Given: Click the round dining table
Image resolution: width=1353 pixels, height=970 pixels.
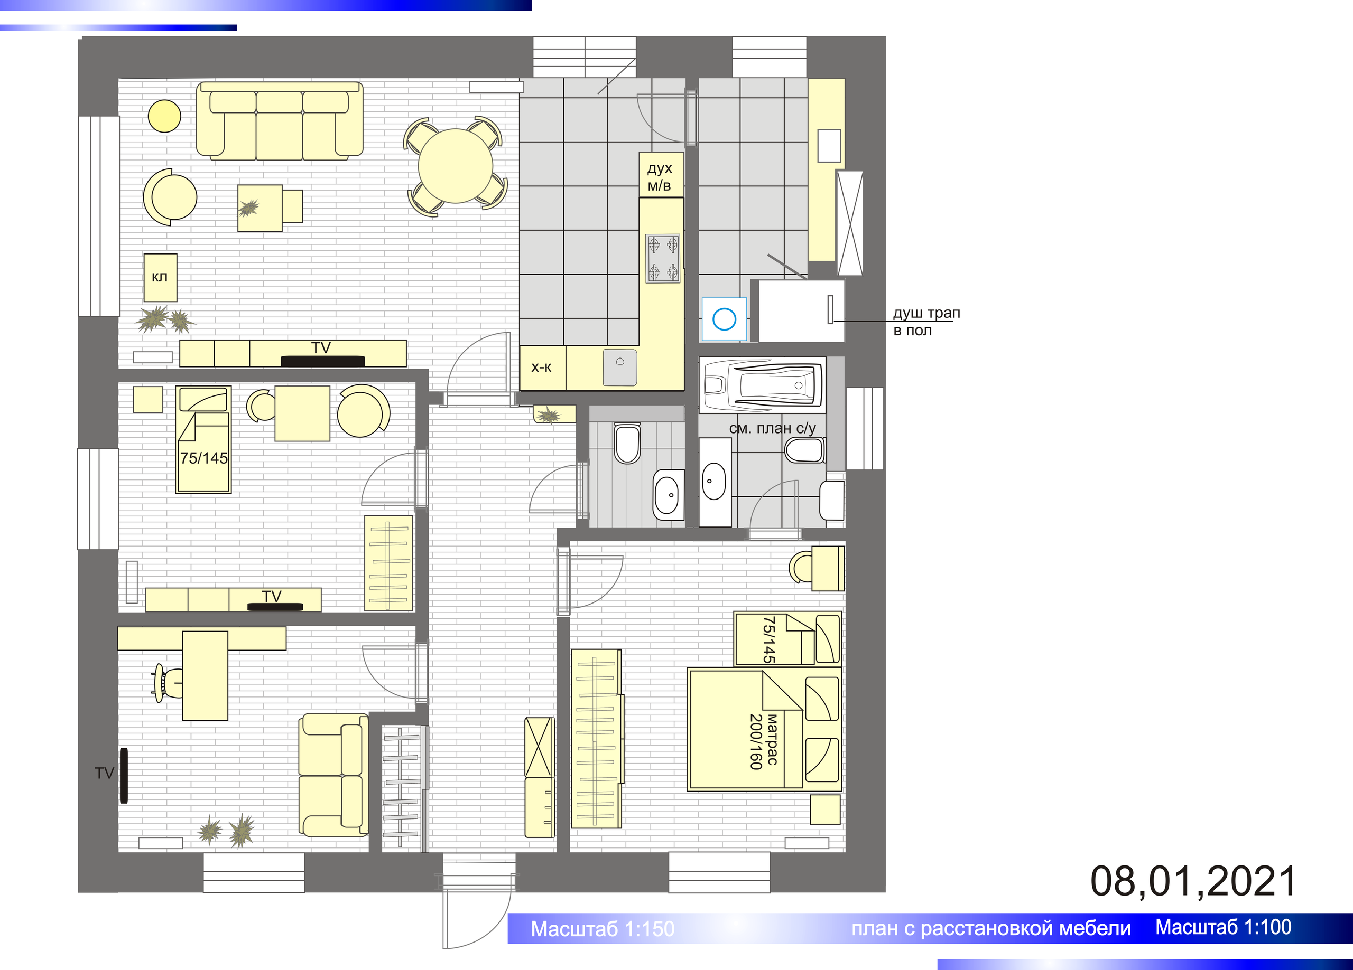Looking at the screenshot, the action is [455, 166].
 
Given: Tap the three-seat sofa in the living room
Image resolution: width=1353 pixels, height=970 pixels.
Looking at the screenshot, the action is [280, 121].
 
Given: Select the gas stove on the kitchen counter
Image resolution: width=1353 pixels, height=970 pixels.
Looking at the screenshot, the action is [663, 258].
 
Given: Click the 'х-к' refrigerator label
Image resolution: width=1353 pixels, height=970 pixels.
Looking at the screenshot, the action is [541, 368].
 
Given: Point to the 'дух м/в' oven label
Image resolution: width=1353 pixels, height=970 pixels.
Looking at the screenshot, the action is [660, 177].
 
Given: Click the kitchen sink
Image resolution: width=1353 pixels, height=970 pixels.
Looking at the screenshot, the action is [620, 368].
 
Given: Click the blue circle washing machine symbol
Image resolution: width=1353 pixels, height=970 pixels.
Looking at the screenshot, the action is [724, 319].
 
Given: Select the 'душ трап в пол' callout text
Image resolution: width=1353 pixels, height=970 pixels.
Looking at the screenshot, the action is [926, 322].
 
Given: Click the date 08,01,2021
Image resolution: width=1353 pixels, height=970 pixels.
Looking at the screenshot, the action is [1193, 881].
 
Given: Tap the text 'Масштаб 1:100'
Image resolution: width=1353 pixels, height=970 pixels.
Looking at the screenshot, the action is [1224, 927].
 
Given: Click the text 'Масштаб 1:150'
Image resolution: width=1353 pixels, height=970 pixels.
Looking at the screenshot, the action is [603, 929].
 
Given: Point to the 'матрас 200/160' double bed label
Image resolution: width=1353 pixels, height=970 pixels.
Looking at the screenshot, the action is [764, 742].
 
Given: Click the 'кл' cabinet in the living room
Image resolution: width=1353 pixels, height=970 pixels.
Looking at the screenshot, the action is [160, 278].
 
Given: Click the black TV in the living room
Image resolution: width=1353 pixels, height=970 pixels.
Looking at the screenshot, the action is [323, 361].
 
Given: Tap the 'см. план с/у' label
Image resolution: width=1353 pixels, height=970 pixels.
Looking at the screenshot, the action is [772, 428].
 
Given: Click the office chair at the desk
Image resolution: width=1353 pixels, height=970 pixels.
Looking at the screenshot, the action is [168, 682].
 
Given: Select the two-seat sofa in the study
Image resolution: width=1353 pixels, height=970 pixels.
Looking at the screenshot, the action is [333, 775].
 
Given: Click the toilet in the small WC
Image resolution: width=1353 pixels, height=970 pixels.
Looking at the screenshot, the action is [627, 443].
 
